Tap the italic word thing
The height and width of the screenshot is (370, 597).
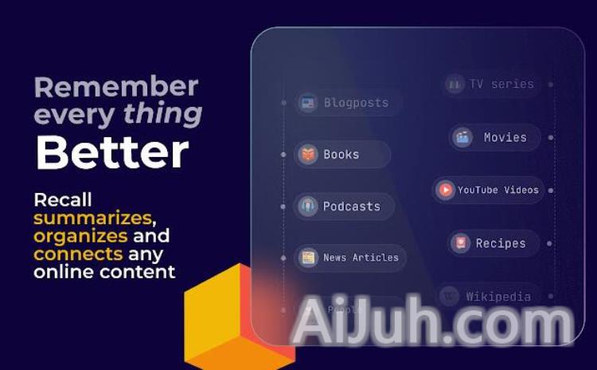pyautogui.click(x=162, y=114)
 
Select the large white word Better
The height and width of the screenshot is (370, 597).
pyautogui.click(x=112, y=153)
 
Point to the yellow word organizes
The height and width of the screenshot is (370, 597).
pyautogui.click(x=80, y=236)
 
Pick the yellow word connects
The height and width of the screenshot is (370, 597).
pyautogui.click(x=78, y=254)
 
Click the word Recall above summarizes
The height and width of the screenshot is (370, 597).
pyautogui.click(x=63, y=199)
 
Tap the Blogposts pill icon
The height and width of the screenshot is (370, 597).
pyautogui.click(x=308, y=103)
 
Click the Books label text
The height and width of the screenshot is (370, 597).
pyautogui.click(x=341, y=155)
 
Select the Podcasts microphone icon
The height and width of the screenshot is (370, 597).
pyautogui.click(x=308, y=207)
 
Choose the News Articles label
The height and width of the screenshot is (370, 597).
pyautogui.click(x=361, y=258)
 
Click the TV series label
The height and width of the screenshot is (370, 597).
pyautogui.click(x=501, y=84)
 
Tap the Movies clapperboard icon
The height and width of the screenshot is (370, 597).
pyautogui.click(x=462, y=137)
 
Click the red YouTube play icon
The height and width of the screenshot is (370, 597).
pyautogui.click(x=446, y=190)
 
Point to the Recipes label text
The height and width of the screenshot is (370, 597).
pyautogui.click(x=501, y=243)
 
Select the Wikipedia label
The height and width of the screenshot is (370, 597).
pyautogui.click(x=498, y=297)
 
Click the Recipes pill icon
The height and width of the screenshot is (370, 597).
pyautogui.click(x=460, y=243)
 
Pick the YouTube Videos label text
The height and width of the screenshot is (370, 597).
pyautogui.click(x=498, y=190)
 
